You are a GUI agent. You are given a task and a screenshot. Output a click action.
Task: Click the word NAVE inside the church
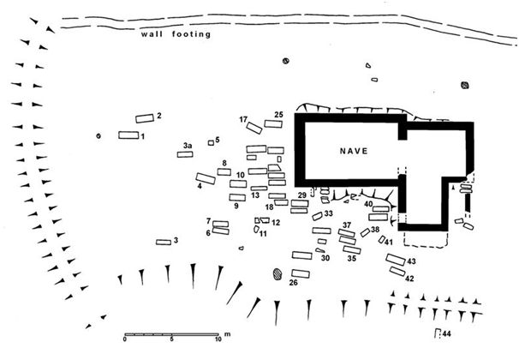353,151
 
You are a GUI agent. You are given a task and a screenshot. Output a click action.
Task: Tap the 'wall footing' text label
176,34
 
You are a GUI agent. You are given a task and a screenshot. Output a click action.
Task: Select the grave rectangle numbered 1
128,135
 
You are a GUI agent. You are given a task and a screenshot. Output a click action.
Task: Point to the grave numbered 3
164,242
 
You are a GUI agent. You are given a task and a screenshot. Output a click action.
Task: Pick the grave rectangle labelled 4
205,178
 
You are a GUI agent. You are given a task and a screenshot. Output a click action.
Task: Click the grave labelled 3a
185,154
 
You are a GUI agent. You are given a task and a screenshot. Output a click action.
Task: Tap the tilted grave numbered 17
254,128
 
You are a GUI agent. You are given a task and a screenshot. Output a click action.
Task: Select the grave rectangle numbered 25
273,123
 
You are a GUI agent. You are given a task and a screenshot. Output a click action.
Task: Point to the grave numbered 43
395,259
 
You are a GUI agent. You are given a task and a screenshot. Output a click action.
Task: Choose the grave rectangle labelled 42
397,271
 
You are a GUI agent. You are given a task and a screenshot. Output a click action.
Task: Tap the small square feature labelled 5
211,142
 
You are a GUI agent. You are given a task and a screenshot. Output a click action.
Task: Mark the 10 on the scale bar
219,340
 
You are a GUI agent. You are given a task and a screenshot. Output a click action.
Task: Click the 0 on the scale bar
125,340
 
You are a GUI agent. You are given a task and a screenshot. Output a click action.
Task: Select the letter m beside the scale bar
227,333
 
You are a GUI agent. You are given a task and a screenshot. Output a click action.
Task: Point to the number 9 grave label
235,206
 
